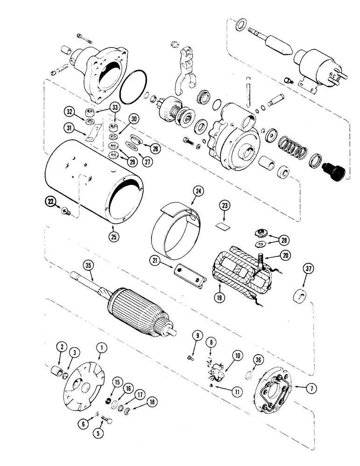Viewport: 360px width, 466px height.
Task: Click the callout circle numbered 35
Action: point(88,267)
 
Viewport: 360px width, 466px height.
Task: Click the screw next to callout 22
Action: point(66,212)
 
